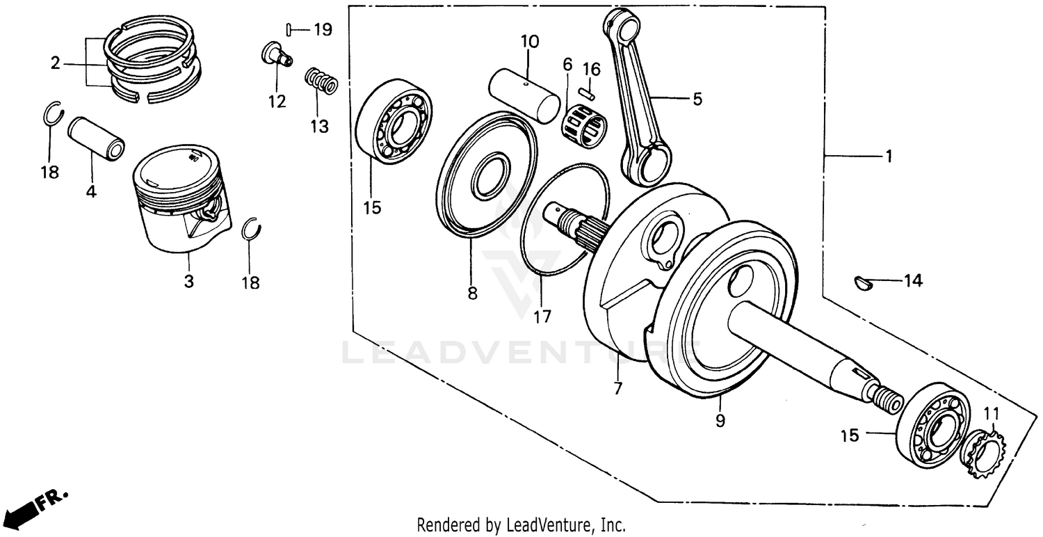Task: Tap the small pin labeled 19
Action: tap(287, 29)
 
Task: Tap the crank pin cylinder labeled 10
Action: tap(524, 93)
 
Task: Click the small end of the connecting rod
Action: tap(622, 26)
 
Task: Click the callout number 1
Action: tap(887, 157)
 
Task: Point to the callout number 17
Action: tap(542, 316)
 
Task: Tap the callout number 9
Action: tap(720, 421)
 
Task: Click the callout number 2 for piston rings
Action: tap(56, 64)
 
